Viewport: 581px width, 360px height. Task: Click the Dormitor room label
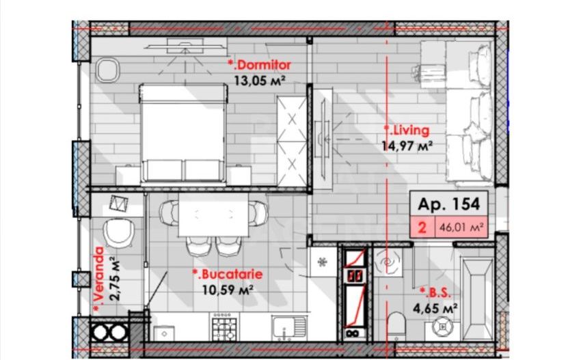coord(260,65)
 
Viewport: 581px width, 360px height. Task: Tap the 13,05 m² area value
coord(259,80)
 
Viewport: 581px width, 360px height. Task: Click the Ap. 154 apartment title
coord(449,204)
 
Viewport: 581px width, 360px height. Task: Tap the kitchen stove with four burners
coord(224,326)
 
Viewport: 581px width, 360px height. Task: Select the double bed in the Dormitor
coord(183,132)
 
